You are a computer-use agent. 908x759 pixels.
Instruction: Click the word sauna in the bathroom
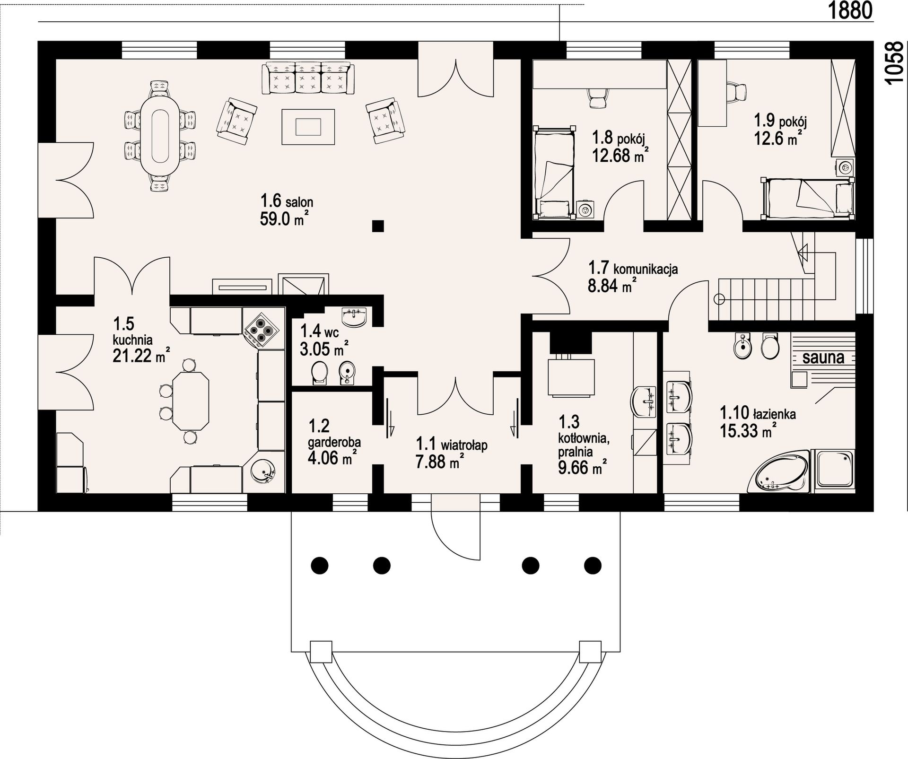click(823, 358)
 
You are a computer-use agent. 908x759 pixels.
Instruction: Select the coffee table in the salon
click(308, 126)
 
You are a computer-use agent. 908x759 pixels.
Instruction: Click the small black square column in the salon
click(377, 226)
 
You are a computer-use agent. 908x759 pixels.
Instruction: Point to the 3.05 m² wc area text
click(324, 349)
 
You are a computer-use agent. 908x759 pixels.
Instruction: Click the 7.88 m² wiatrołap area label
click(438, 461)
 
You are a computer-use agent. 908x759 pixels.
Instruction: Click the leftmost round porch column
click(320, 565)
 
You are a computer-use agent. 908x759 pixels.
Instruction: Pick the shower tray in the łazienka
click(833, 471)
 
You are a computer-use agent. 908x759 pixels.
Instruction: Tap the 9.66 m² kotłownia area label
click(583, 468)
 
